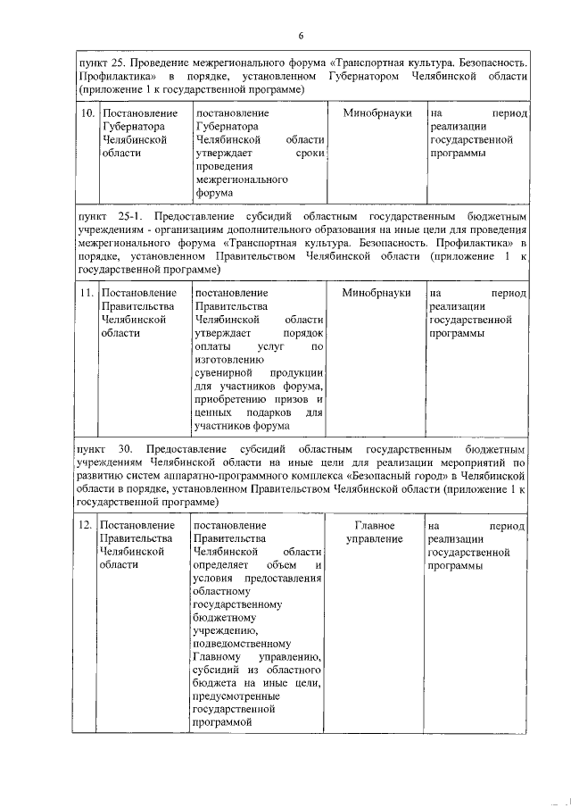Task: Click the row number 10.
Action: pos(87,116)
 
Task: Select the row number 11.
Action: pos(87,293)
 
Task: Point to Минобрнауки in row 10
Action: pos(376,116)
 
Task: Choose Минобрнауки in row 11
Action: pos(376,293)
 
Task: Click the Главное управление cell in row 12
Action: pos(375,533)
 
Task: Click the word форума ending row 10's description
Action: pos(213,192)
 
